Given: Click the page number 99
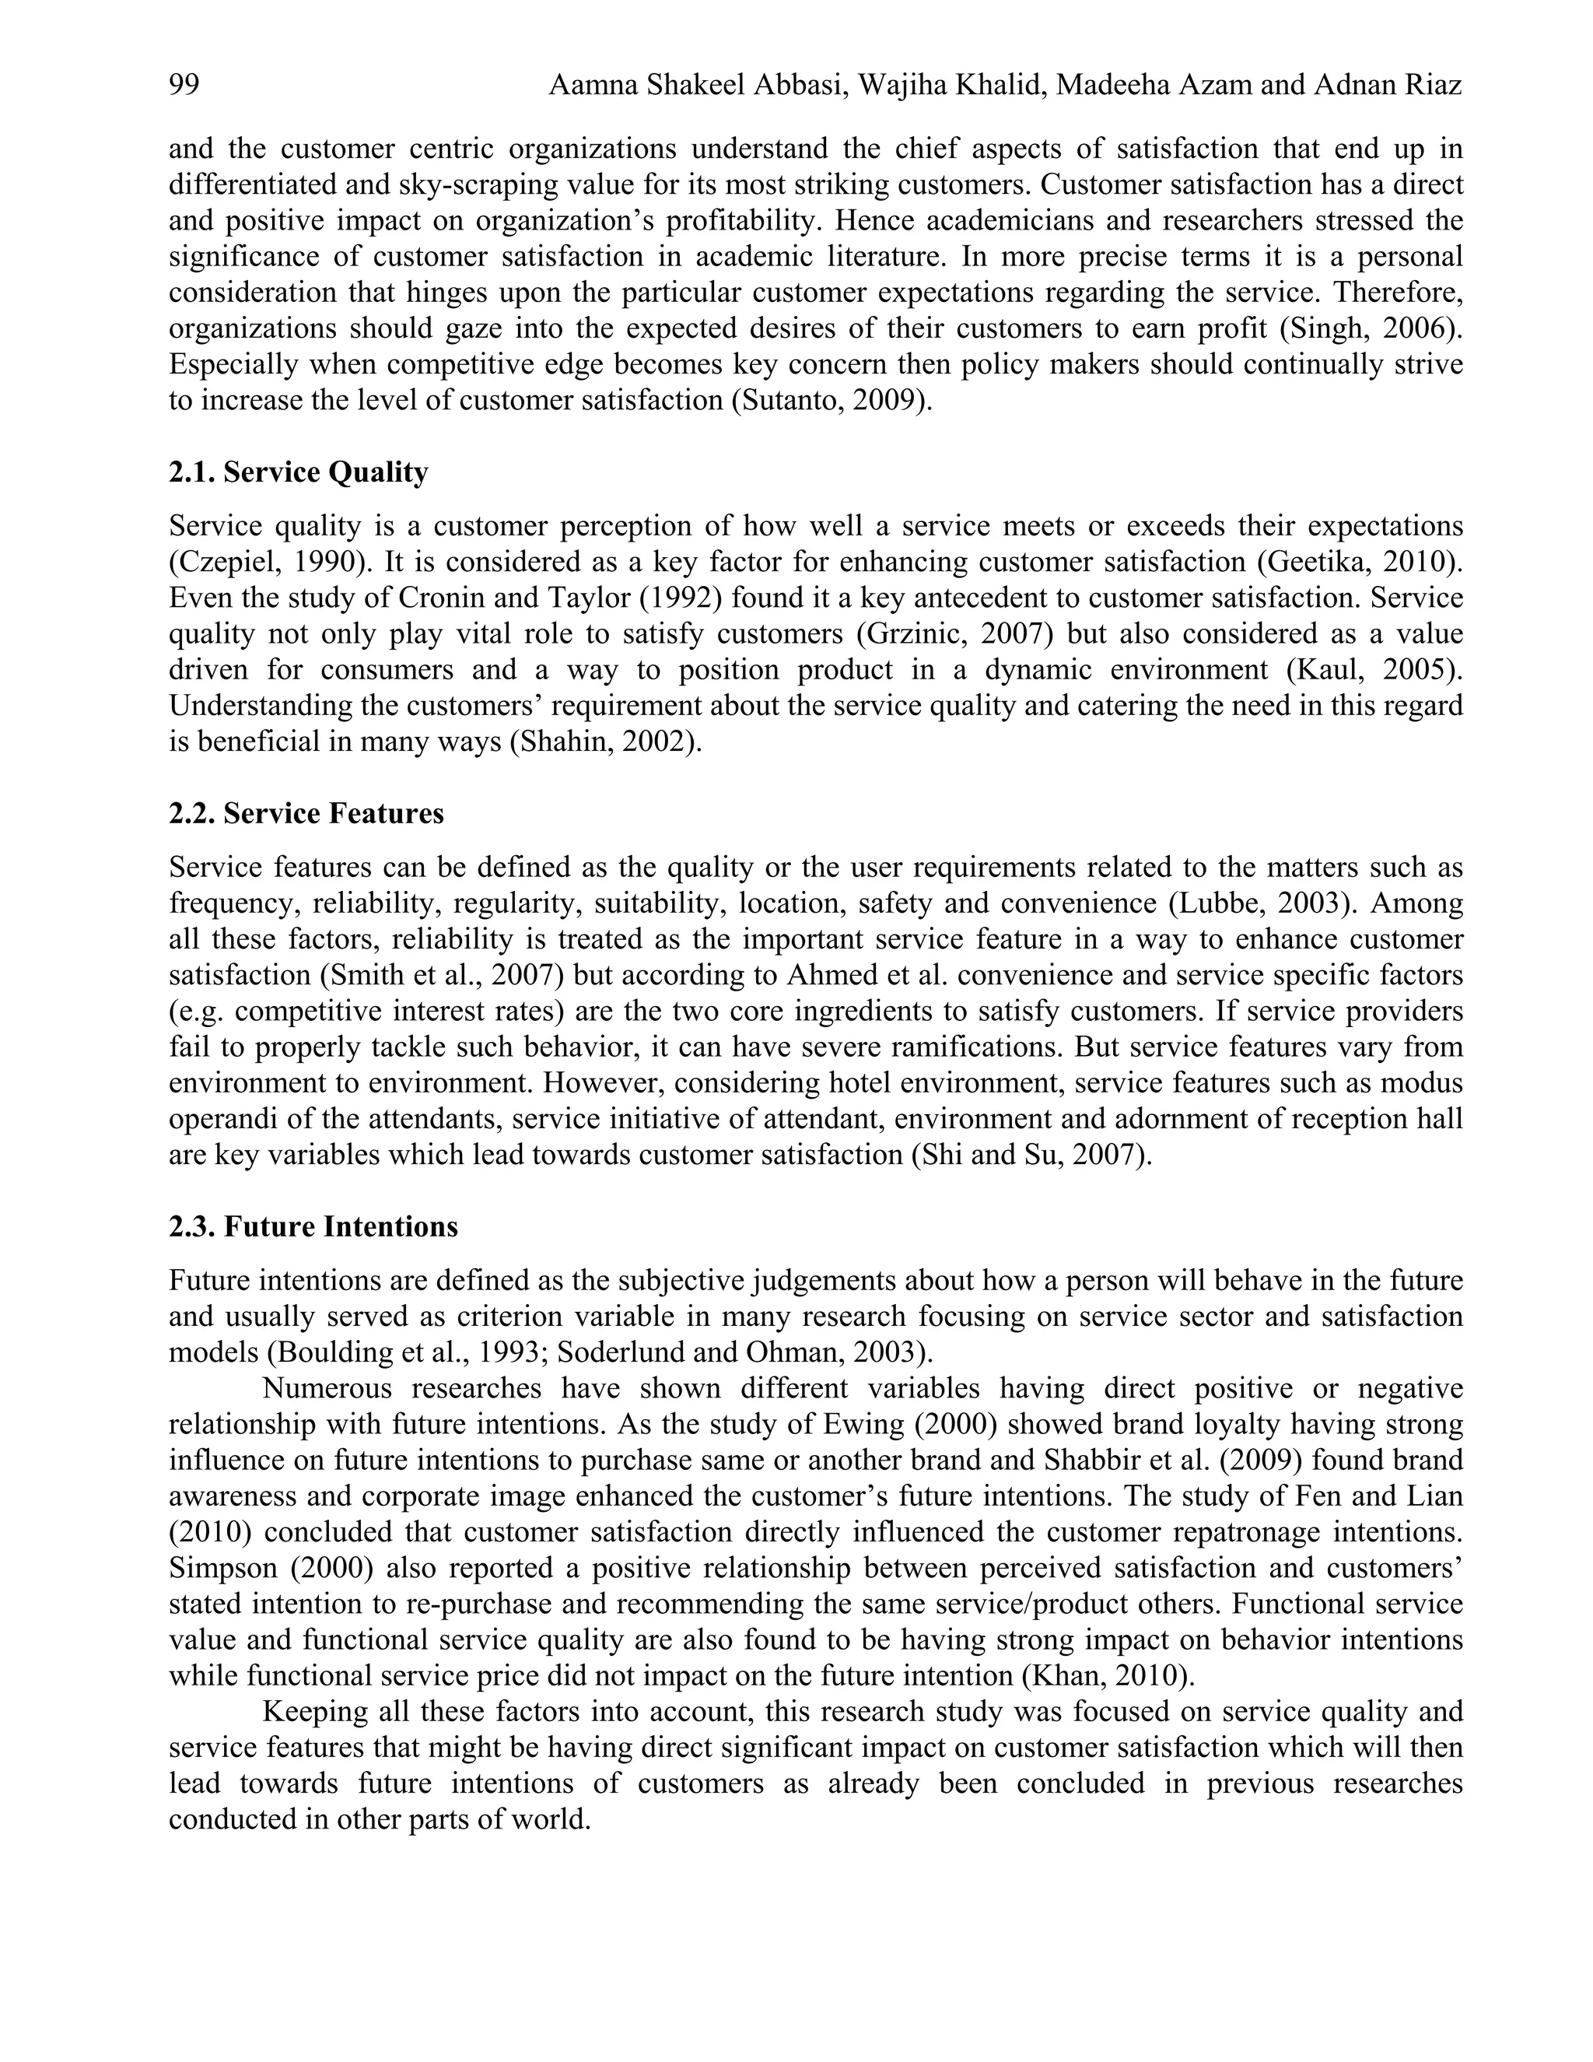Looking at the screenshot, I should click(184, 86).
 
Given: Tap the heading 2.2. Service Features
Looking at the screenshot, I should click(306, 814).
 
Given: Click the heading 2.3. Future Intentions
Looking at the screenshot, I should click(313, 1226).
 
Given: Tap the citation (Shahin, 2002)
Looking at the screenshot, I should click(606, 742).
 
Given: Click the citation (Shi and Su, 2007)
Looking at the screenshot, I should click(1031, 1155).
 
